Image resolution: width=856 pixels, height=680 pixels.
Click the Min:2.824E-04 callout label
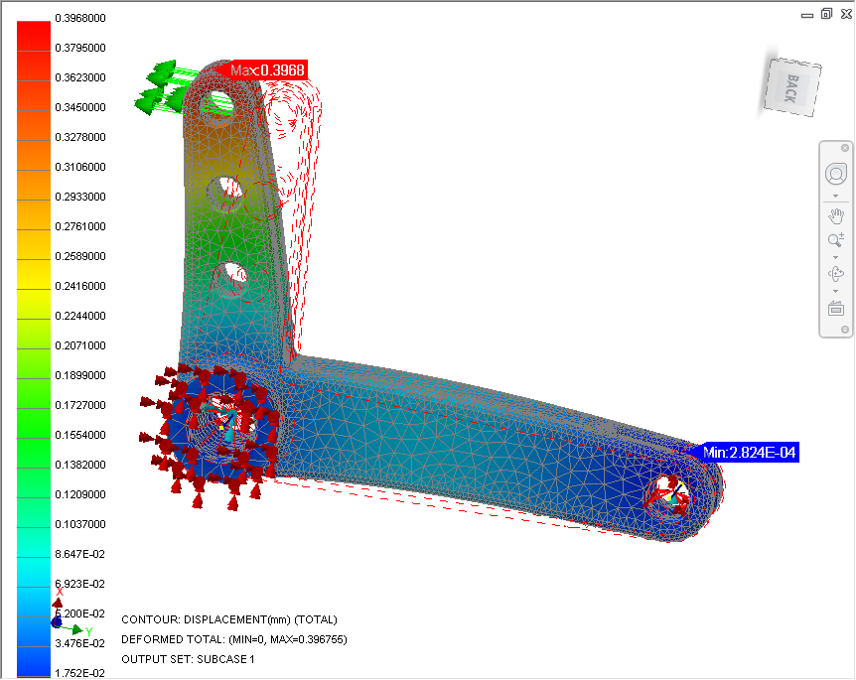[748, 453]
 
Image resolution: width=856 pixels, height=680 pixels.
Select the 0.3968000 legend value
[80, 18]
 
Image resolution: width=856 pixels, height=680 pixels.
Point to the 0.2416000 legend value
[80, 286]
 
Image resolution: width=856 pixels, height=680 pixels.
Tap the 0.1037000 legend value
[80, 524]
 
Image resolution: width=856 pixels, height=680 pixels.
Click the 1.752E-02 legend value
[80, 673]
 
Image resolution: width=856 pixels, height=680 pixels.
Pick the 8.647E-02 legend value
[80, 554]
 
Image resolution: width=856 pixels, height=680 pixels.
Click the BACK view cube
[791, 87]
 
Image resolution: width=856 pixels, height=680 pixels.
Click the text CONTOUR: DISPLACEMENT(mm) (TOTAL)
[229, 619]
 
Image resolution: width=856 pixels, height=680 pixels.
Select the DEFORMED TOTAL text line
[234, 639]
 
